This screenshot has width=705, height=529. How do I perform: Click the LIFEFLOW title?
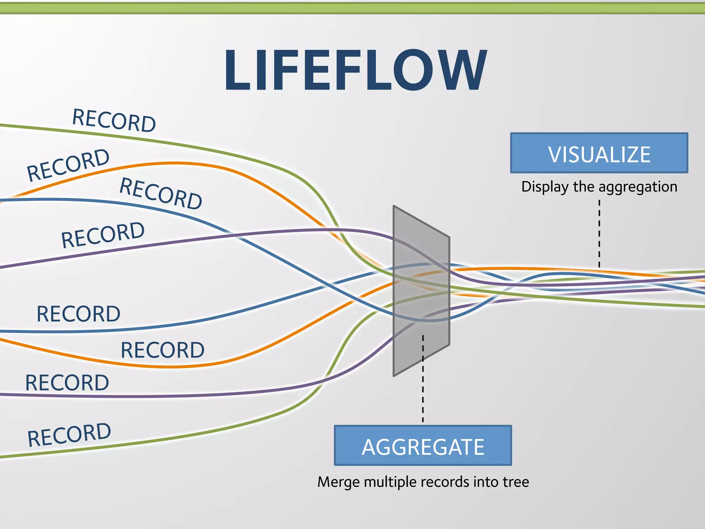[x=355, y=70]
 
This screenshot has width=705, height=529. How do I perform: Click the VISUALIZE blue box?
[x=599, y=153]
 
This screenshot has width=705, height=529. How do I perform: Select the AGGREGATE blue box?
[x=423, y=446]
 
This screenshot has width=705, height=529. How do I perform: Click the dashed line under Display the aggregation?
[x=599, y=234]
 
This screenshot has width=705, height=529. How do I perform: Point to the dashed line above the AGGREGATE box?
[x=423, y=379]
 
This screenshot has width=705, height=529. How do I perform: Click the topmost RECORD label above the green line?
[x=114, y=120]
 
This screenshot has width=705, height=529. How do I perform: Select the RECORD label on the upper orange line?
[x=68, y=165]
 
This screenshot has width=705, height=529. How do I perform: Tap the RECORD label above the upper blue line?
[x=161, y=193]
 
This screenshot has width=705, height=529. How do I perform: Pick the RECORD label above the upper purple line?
[x=103, y=235]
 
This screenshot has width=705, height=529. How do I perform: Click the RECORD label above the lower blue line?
[x=78, y=314]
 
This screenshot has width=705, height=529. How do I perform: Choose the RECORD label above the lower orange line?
[x=162, y=350]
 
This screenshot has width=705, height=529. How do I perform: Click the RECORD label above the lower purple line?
[x=67, y=383]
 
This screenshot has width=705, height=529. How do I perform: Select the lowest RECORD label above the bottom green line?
[x=69, y=435]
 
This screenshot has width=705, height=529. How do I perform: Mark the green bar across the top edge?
[x=352, y=8]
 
